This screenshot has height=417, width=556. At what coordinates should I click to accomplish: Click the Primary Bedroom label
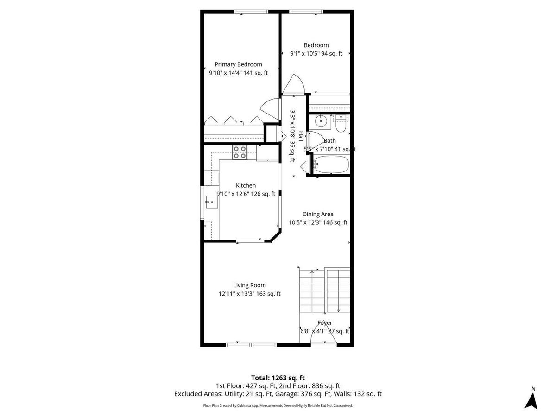click(238, 64)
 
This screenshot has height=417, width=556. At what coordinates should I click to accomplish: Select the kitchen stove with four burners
click(240, 152)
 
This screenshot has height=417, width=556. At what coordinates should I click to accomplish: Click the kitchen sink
click(212, 202)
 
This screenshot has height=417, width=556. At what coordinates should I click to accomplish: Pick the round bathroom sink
click(321, 120)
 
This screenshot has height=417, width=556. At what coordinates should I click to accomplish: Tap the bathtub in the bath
click(331, 164)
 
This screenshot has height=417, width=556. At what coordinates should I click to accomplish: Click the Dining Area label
click(318, 214)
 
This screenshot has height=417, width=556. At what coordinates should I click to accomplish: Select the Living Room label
click(249, 285)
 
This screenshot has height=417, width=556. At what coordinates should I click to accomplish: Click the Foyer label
click(325, 323)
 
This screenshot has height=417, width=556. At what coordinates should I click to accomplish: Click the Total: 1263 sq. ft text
click(278, 378)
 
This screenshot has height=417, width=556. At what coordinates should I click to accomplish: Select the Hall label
click(301, 136)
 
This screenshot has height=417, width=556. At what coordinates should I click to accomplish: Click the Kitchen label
click(246, 185)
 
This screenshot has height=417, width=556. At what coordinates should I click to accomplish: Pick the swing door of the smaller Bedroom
click(294, 83)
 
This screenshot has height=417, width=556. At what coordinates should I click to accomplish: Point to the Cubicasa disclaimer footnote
click(278, 405)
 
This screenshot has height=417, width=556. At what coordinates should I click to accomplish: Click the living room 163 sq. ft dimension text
click(268, 294)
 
